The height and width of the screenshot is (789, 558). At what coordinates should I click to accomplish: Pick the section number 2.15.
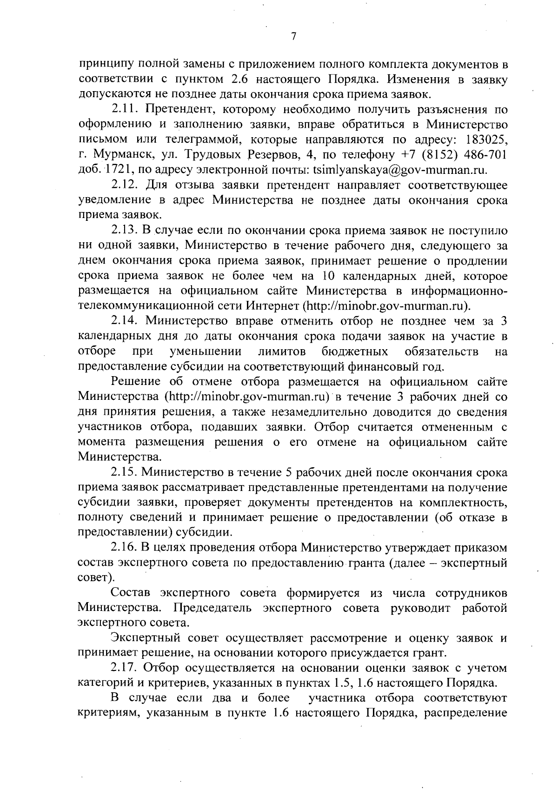click(125, 472)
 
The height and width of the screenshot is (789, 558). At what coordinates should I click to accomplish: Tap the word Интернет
click(273, 306)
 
